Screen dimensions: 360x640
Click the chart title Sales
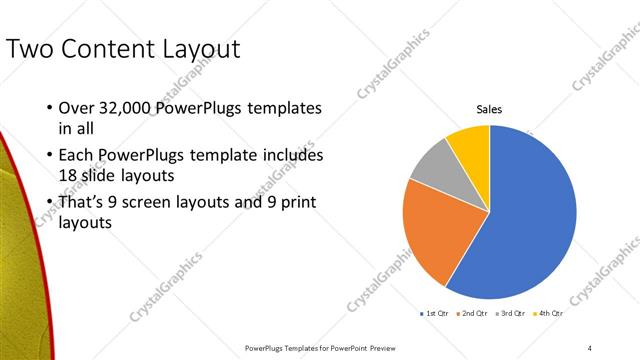click(x=488, y=110)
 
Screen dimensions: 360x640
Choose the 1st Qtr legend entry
click(x=435, y=314)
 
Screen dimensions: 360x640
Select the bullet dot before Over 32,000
click(x=50, y=108)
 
